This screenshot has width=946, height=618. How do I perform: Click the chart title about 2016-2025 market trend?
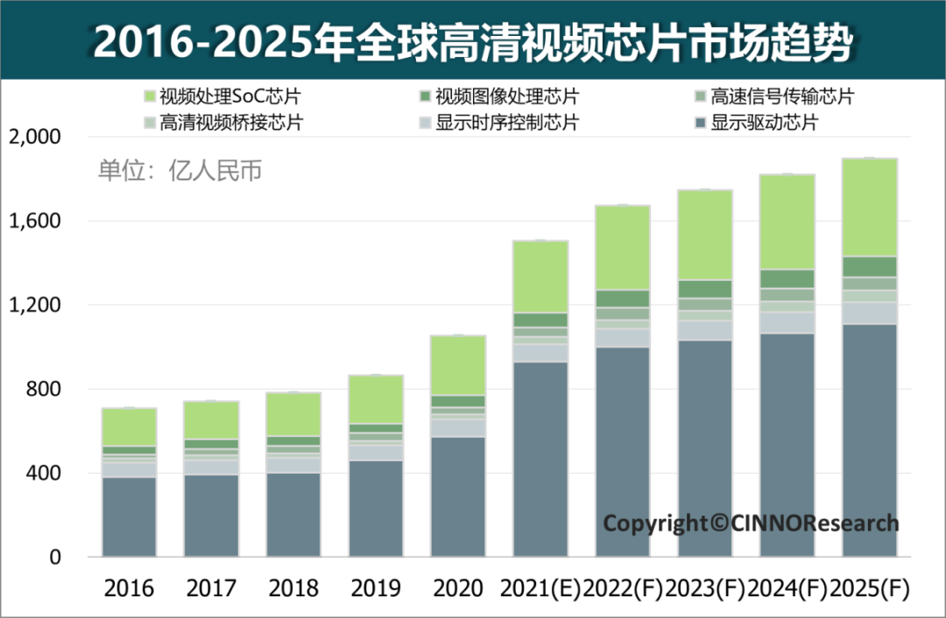click(472, 40)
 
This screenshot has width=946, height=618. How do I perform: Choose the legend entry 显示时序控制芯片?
click(499, 123)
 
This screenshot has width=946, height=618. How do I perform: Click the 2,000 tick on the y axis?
click(34, 137)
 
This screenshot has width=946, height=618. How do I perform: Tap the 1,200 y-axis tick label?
click(34, 305)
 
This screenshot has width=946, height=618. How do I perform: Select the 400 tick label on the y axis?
click(42, 474)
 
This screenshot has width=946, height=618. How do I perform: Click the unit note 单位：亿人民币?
click(180, 171)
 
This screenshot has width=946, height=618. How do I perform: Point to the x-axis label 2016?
click(129, 588)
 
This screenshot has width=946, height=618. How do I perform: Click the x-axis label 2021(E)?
click(540, 588)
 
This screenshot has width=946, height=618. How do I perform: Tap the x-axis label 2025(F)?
click(870, 588)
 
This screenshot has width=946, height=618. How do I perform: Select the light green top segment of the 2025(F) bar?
click(870, 207)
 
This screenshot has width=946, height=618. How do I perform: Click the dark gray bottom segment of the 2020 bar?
click(458, 496)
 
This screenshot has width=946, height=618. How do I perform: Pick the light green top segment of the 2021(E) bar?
click(540, 277)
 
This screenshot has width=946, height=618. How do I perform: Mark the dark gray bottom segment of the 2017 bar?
click(211, 516)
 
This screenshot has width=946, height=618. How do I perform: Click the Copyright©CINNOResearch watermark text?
click(751, 523)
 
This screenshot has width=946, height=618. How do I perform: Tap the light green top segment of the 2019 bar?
click(376, 399)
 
